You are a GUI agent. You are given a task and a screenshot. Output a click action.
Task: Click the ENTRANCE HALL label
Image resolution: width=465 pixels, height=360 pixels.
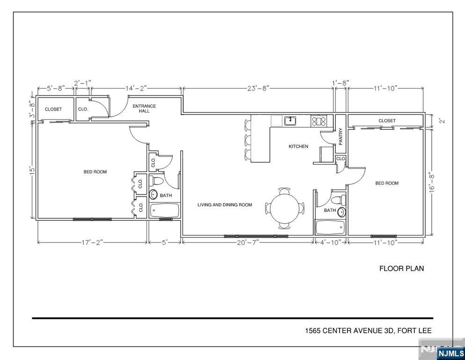point(144,108)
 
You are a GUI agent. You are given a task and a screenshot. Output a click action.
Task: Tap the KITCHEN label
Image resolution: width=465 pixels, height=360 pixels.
point(298,146)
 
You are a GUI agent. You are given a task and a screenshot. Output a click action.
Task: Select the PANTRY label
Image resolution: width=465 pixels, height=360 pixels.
point(340,136)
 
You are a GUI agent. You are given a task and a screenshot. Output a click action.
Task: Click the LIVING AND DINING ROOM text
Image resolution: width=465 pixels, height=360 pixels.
point(225,204)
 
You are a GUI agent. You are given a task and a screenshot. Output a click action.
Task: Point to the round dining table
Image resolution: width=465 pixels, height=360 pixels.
point(285,208)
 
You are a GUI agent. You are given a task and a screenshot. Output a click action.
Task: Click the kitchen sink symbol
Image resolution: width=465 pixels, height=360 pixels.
point(291,120)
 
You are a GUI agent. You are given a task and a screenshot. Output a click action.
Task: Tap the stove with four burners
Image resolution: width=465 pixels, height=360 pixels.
point(318,121)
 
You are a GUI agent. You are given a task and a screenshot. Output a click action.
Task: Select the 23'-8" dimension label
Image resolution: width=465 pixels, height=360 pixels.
point(258,88)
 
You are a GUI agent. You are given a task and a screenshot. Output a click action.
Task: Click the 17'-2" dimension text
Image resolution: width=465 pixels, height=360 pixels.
point(92,242)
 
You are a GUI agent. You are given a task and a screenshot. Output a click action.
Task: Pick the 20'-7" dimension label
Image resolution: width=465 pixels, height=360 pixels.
point(248,242)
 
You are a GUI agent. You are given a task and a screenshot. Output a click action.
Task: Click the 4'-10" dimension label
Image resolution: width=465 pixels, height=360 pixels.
point(331,242)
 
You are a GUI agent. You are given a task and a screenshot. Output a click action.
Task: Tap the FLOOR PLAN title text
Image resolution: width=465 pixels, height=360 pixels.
point(401,268)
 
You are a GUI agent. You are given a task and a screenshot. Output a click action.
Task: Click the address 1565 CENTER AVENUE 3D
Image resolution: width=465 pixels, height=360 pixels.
point(349,330)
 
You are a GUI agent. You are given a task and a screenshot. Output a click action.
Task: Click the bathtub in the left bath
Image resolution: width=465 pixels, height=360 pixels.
point(164,210)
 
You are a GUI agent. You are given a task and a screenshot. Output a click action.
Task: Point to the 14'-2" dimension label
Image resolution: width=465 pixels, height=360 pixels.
point(136,88)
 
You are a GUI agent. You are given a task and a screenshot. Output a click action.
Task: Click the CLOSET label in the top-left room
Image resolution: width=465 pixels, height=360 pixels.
point(53,109)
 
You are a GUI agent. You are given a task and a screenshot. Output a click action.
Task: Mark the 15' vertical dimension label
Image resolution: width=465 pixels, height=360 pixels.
point(32,170)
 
